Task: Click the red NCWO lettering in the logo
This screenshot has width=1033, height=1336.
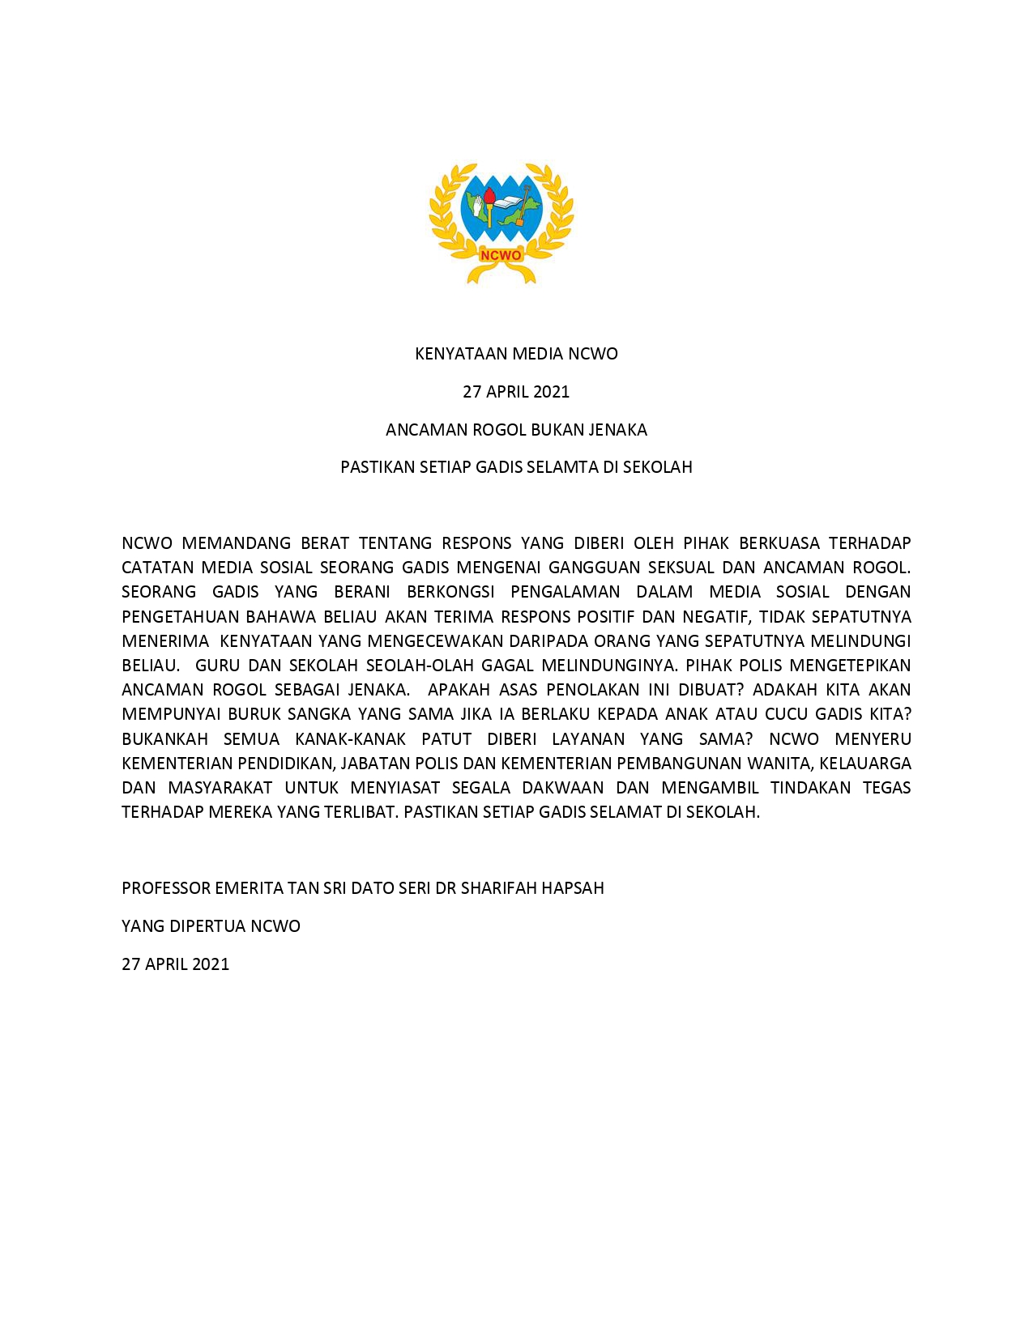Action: click(501, 256)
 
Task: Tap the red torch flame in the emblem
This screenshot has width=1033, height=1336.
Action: click(489, 196)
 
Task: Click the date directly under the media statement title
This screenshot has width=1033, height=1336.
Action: click(516, 392)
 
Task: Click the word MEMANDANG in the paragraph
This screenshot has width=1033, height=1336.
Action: click(236, 543)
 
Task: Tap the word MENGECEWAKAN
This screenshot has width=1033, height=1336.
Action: click(436, 641)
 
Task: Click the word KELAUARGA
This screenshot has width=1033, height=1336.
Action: click(865, 764)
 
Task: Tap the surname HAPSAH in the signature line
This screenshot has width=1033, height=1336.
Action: click(573, 888)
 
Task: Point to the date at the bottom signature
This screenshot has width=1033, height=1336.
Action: click(175, 964)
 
